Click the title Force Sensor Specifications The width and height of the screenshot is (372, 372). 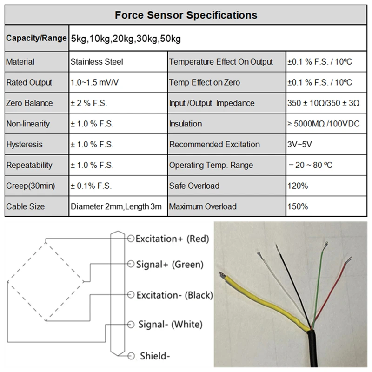pos(186,15)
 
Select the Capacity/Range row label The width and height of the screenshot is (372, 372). pos(36,39)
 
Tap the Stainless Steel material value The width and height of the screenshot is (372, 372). pos(97,62)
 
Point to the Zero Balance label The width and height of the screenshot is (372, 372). pos(29,103)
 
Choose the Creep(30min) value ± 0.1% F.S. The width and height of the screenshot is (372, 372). pos(91,186)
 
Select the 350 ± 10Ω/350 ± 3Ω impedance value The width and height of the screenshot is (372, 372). pos(323,103)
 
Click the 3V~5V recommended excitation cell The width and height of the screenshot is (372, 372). pos(299,145)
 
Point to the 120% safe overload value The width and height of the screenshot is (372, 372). pos(298,186)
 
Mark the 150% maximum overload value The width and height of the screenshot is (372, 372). pos(298,206)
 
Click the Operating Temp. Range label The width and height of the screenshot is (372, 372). pos(211,165)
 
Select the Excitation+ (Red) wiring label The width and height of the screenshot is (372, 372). pos(172,239)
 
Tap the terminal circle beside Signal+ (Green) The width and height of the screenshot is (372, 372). pos(131,264)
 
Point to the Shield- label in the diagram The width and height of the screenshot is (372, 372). pos(155,357)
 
